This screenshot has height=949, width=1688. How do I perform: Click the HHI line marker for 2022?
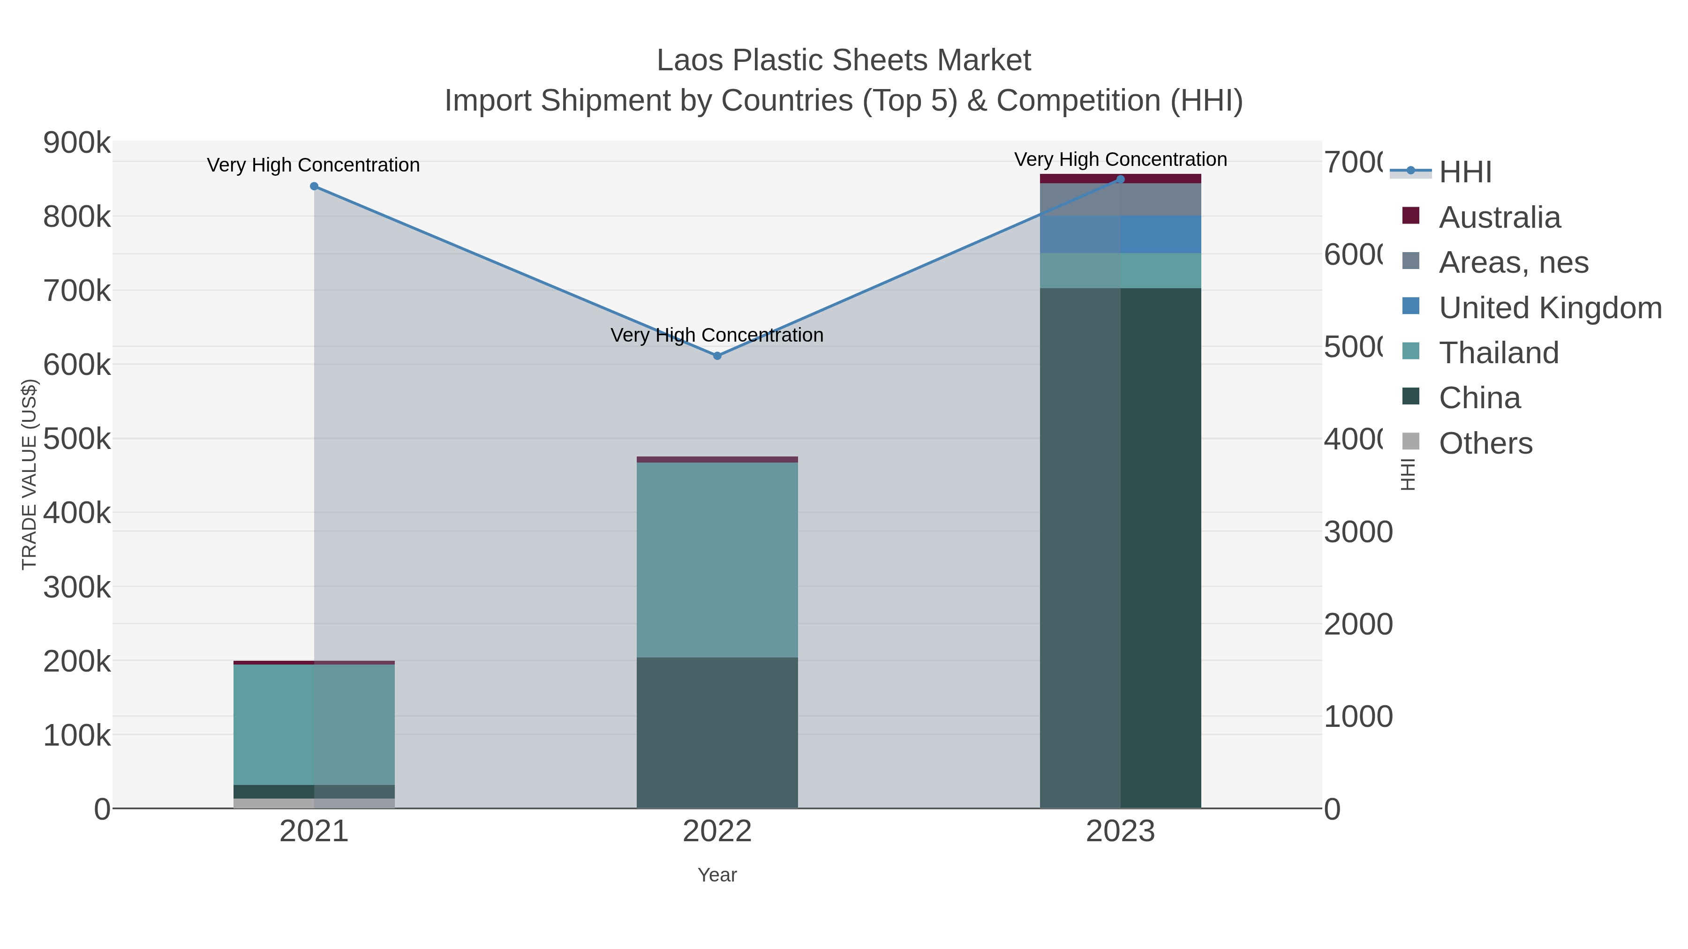click(x=717, y=356)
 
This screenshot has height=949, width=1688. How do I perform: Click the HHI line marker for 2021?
click(x=314, y=187)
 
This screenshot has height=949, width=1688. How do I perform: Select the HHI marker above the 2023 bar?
click(x=1120, y=179)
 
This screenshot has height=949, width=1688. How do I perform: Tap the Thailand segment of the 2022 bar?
click(x=717, y=560)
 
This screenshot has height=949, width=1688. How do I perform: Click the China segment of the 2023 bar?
click(x=1120, y=547)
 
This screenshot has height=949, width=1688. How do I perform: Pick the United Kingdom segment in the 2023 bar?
click(x=1120, y=234)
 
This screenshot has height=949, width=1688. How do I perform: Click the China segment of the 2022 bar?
click(x=717, y=732)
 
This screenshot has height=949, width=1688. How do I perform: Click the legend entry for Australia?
click(x=1500, y=217)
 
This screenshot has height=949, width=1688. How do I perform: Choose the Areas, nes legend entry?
click(x=1513, y=262)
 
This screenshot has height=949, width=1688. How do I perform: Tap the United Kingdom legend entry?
click(x=1550, y=308)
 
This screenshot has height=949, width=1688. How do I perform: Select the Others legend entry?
click(x=1485, y=443)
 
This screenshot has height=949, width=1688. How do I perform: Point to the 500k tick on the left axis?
click(x=77, y=439)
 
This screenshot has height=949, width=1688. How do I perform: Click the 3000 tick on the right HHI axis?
click(x=1358, y=532)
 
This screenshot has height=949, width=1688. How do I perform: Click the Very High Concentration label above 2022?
click(x=717, y=336)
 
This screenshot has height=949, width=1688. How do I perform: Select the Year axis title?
click(x=717, y=875)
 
